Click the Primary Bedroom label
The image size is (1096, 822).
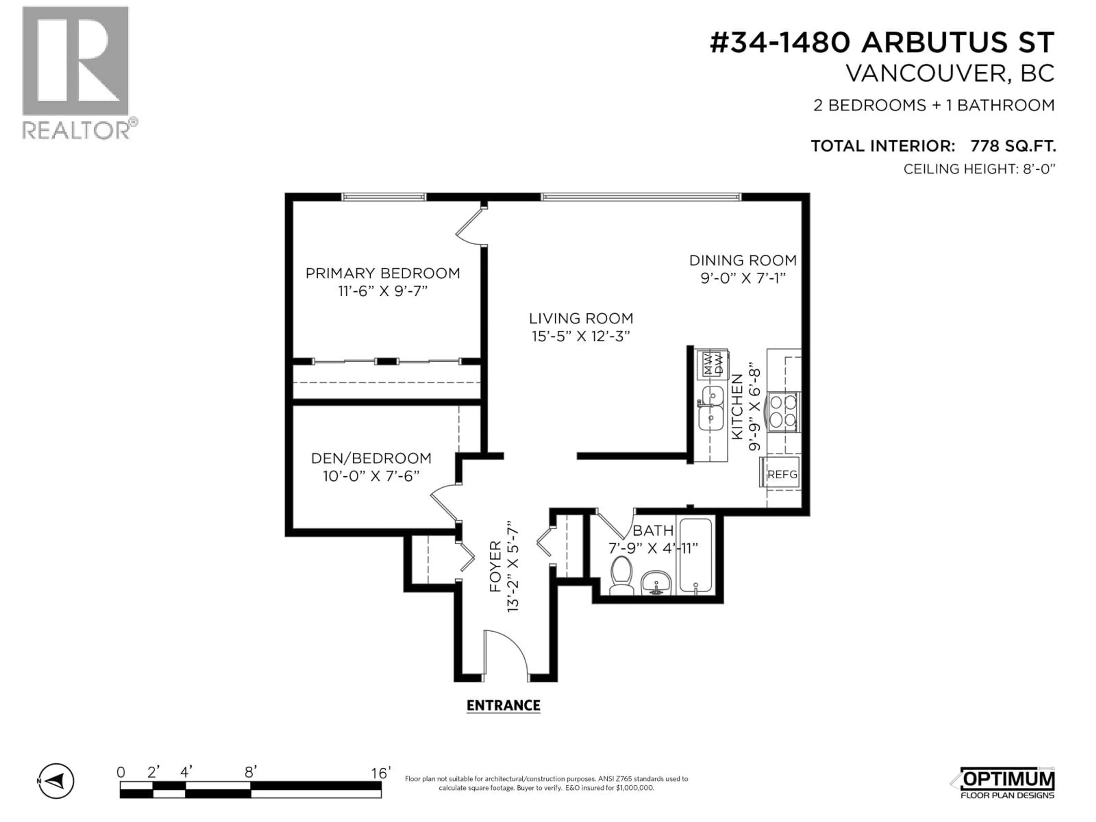(382, 273)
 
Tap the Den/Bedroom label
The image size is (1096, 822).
(371, 458)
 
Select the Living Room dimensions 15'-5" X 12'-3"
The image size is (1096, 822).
(581, 337)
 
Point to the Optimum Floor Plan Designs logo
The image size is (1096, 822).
(1003, 784)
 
